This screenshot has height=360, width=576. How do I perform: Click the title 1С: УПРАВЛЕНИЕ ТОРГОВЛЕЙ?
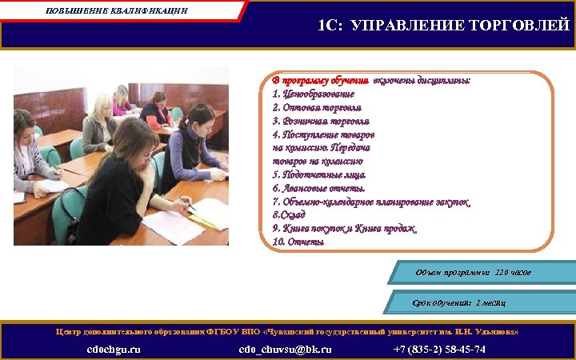coord(444,26)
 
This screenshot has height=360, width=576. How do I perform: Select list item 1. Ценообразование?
coord(313,94)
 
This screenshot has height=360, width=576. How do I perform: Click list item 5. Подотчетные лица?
coord(319,174)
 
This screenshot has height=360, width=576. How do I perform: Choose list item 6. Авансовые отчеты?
coord(318,188)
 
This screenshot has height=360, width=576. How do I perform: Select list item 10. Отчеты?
coord(298,242)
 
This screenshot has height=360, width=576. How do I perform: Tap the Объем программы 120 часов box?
coord(474,274)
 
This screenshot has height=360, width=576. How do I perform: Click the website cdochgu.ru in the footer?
coord(114,350)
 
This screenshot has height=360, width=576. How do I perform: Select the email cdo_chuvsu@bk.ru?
coord(286,350)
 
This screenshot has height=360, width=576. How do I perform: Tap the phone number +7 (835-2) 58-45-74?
coord(439,350)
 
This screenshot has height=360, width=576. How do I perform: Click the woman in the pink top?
coord(122,99)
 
